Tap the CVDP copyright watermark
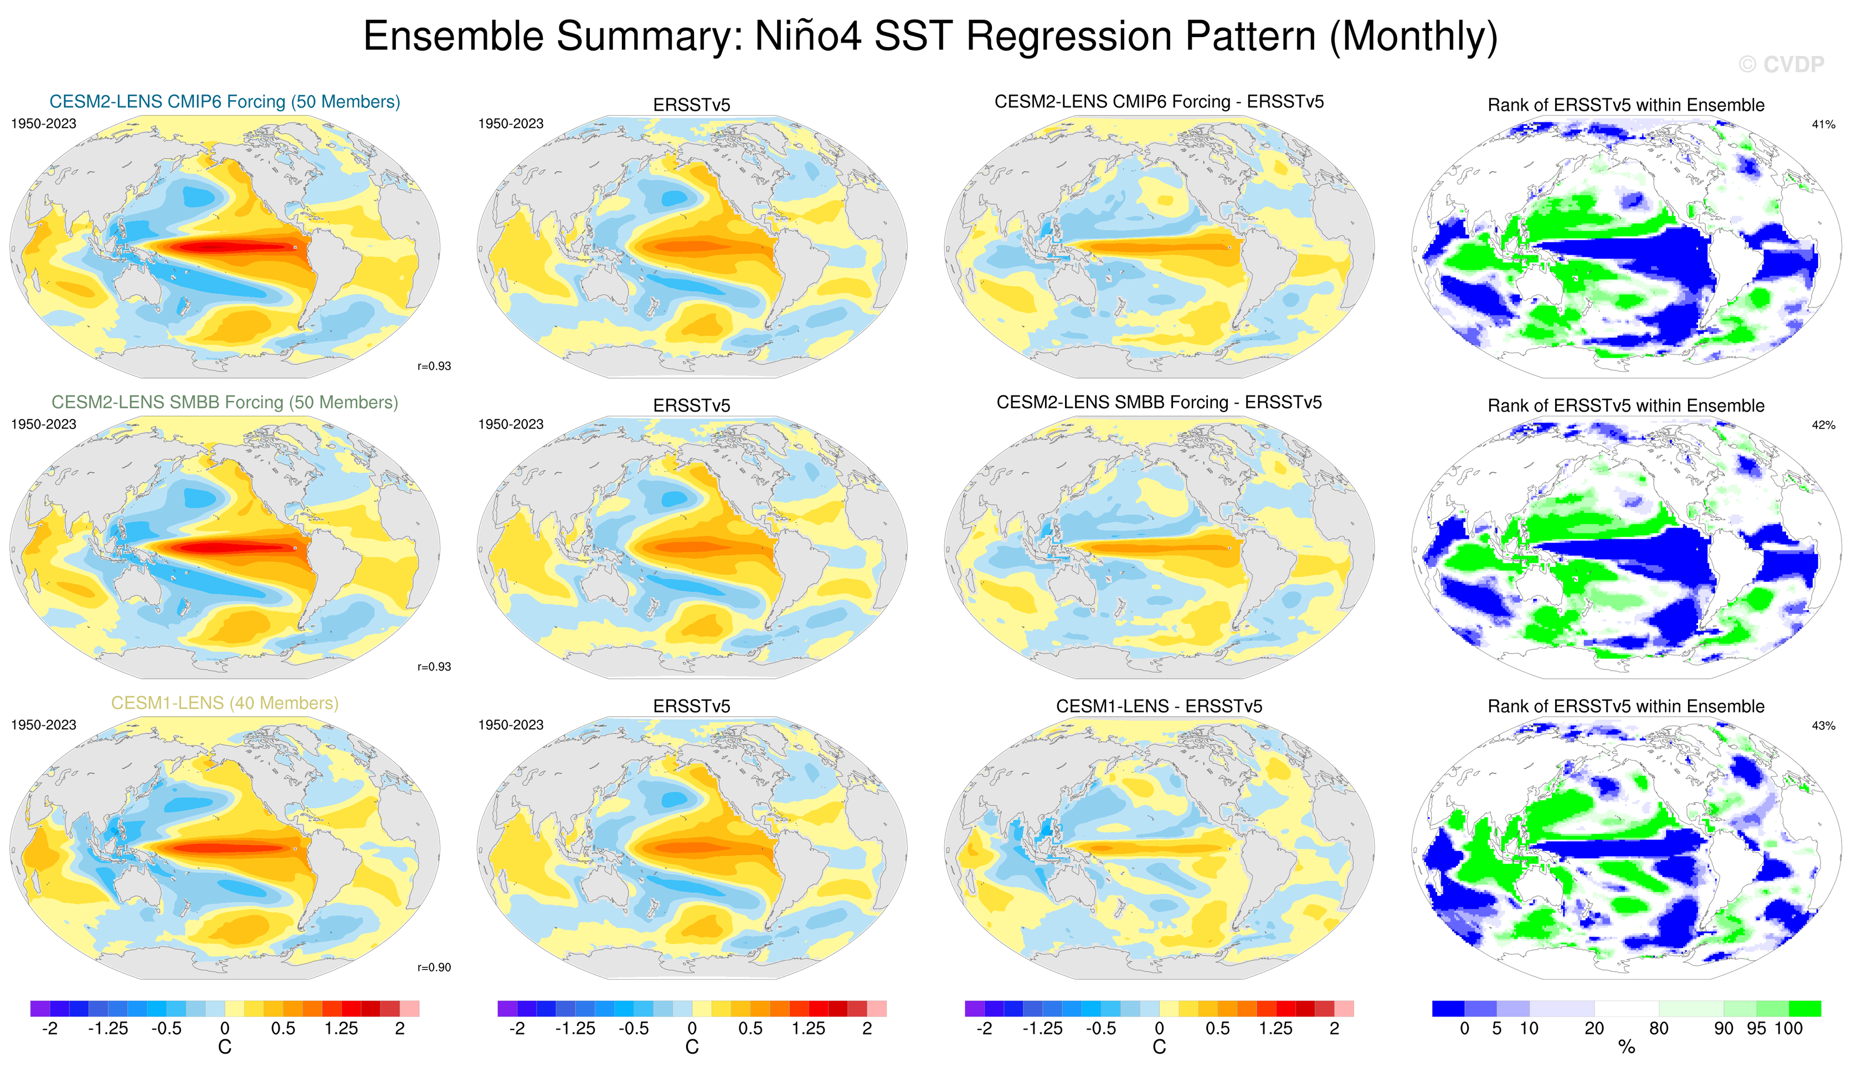click(x=1781, y=65)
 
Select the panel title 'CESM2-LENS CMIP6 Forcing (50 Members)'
click(x=225, y=101)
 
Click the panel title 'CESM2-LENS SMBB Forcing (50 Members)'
click(x=225, y=402)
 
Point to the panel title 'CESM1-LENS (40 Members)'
click(x=225, y=703)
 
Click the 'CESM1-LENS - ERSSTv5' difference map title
click(x=1159, y=705)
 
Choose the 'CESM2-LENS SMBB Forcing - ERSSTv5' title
click(x=1159, y=402)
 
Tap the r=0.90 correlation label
click(x=434, y=967)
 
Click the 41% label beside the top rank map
click(x=1823, y=124)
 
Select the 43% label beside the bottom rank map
click(x=1823, y=725)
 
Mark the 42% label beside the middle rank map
click(x=1823, y=425)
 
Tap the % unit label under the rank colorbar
click(x=1627, y=1047)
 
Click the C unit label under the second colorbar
click(x=692, y=1047)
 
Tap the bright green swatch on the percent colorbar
click(x=1804, y=1008)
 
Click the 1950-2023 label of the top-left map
click(x=43, y=123)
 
